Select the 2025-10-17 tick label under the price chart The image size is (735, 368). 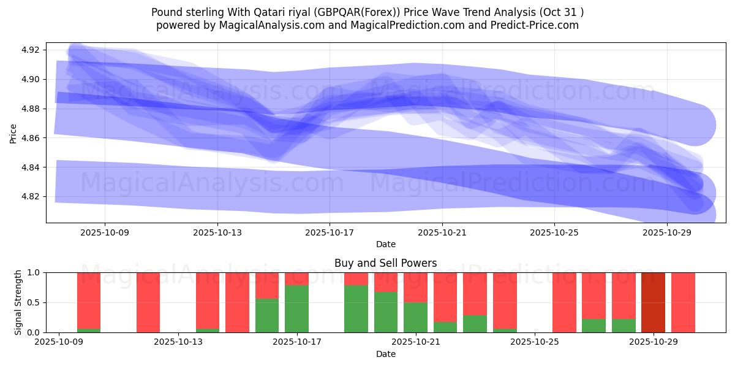[x=330, y=232]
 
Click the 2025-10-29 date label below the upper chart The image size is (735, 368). [x=666, y=232]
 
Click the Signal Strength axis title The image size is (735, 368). [x=18, y=302]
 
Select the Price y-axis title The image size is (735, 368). [x=13, y=132]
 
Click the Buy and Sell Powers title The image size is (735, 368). [x=385, y=263]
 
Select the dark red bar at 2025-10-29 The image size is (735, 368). [x=653, y=302]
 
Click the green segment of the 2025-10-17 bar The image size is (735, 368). [x=296, y=309]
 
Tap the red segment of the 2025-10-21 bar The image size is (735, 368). [x=415, y=287]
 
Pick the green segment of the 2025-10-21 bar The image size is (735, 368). [x=415, y=318]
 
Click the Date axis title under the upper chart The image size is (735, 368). [x=385, y=244]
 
